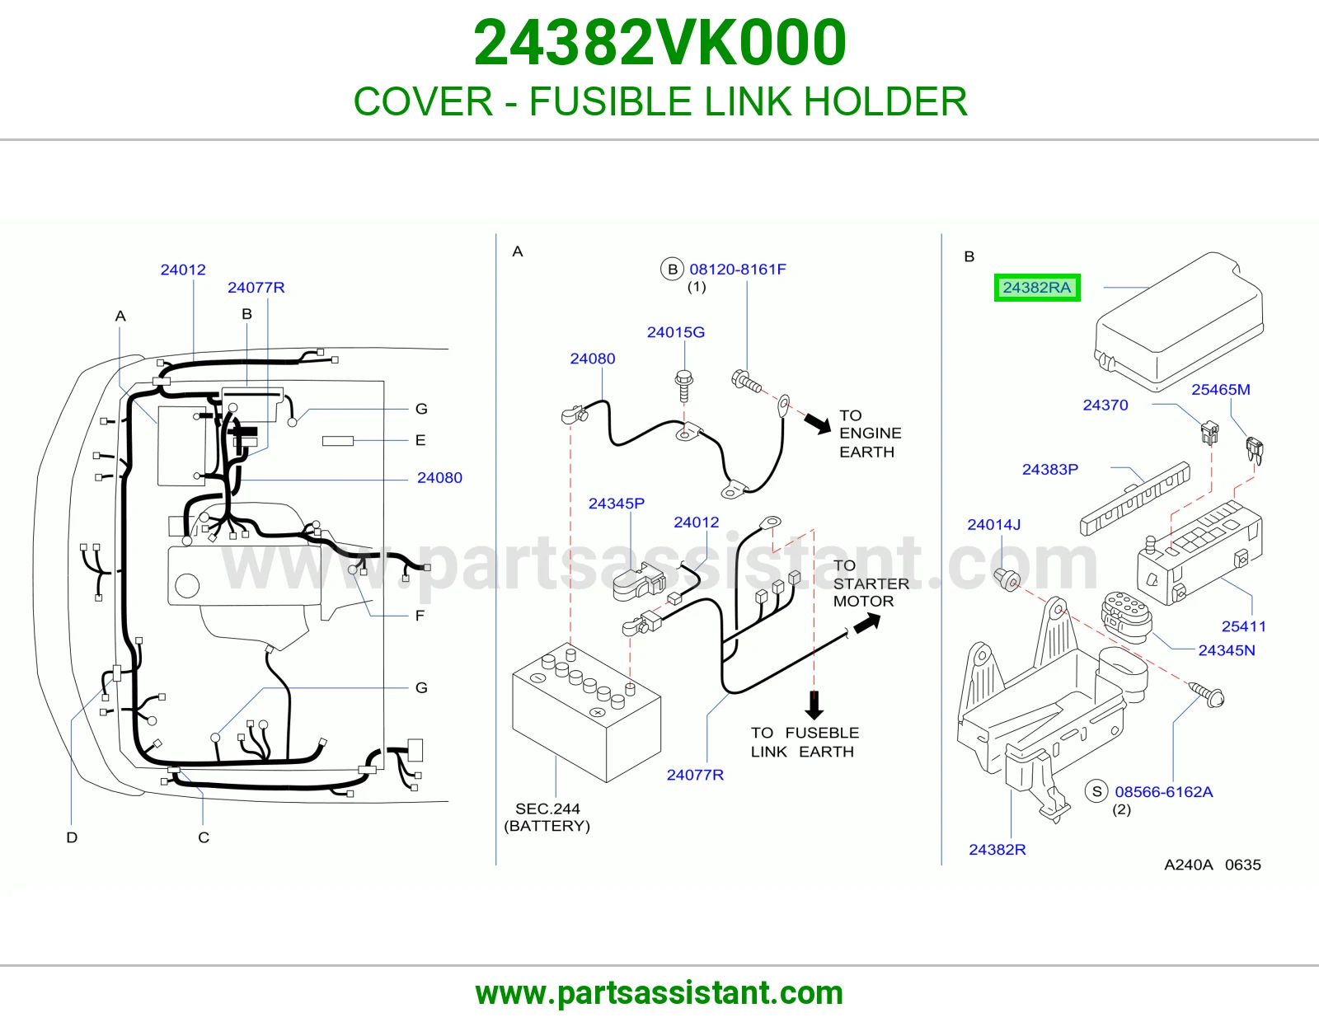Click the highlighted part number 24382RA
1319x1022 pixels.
pos(1037,287)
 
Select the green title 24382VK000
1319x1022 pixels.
pos(659,43)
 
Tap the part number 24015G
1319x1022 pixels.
pos(676,332)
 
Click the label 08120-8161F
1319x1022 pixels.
pos(738,269)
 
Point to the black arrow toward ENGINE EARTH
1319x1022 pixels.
pos(817,423)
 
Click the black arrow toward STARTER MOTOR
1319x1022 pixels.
pos(867,622)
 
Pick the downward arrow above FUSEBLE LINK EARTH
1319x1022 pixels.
pos(814,705)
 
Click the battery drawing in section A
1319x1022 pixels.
pos(586,712)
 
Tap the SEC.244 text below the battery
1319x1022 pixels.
pos(547,809)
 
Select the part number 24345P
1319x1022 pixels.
pos(617,503)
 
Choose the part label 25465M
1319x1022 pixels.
pos(1221,390)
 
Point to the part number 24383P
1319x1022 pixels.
pos(1050,469)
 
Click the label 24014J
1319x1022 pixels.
pos(993,524)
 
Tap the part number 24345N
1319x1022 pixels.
pos(1226,650)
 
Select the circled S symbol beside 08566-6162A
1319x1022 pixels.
pos(1096,791)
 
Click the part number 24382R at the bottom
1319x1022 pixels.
pos(997,849)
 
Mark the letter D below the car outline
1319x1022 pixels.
pos(72,837)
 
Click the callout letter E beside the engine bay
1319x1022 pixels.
pos(420,440)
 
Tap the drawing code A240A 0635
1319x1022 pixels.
pos(1212,865)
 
